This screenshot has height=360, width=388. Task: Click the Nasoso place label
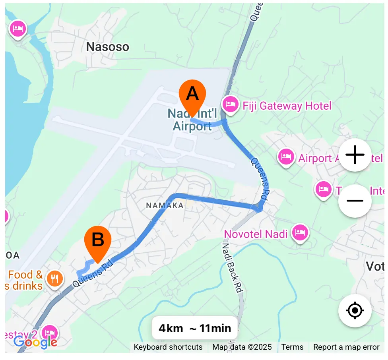(108, 47)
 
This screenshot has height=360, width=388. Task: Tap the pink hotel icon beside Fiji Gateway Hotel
(230, 105)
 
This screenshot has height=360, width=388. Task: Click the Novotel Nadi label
(256, 234)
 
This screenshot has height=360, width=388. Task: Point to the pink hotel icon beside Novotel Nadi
(300, 232)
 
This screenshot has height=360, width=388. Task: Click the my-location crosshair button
(355, 310)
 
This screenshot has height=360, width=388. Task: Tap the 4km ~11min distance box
(195, 328)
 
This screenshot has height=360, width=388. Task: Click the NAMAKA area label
(165, 205)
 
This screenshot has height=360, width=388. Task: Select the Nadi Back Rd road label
(233, 262)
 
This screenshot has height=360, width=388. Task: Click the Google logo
(35, 342)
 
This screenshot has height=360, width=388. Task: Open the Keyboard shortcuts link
(168, 347)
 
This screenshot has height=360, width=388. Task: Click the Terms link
(292, 347)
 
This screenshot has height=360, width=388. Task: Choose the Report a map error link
(346, 347)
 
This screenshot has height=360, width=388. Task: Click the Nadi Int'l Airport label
(192, 120)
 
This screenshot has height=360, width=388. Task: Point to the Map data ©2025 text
(242, 347)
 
